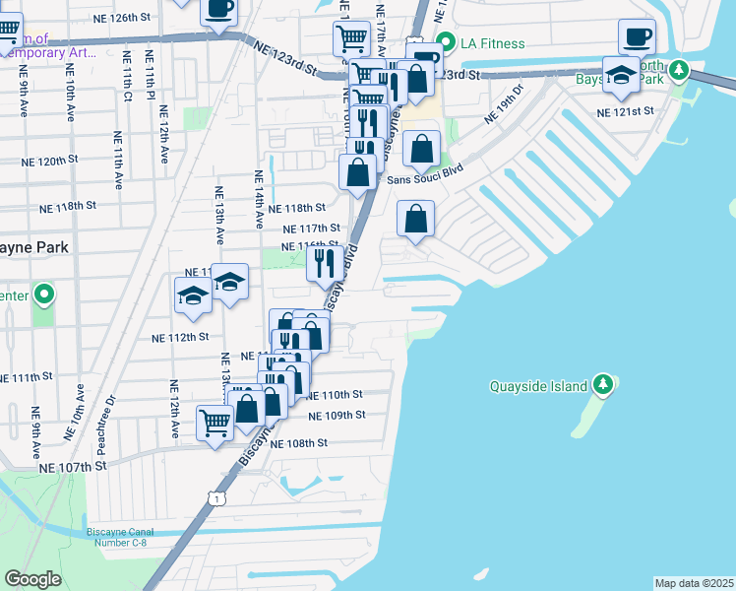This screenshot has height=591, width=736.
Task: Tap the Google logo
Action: pyautogui.click(x=32, y=579)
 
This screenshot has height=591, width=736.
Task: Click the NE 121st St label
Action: pyautogui.click(x=625, y=112)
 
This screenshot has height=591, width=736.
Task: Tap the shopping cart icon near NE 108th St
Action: pyautogui.click(x=215, y=423)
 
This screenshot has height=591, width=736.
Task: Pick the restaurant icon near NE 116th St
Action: pyautogui.click(x=323, y=262)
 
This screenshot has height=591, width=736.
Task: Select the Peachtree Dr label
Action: pyautogui.click(x=94, y=417)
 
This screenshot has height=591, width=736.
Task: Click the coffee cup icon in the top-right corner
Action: pyautogui.click(x=636, y=36)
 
